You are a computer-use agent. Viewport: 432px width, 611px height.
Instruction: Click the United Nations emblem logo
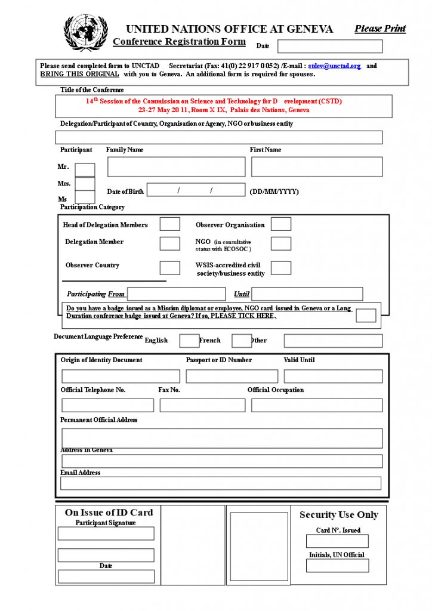pyautogui.click(x=86, y=33)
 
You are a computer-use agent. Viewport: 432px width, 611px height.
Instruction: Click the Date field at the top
pyautogui.click(x=329, y=46)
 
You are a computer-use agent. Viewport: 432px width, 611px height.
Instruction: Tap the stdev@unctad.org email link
pyautogui.click(x=334, y=66)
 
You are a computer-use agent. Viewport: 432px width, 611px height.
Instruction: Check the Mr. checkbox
pyautogui.click(x=85, y=170)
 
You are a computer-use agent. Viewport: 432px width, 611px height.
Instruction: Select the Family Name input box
pyautogui.click(x=176, y=166)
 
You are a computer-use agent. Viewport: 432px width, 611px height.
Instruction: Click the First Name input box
pyautogui.click(x=316, y=166)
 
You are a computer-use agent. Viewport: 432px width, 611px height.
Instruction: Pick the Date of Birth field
pyautogui.click(x=196, y=190)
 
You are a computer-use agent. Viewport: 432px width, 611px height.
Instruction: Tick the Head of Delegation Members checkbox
pyautogui.click(x=169, y=224)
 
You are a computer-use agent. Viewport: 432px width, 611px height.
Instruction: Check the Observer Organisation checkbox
pyautogui.click(x=281, y=224)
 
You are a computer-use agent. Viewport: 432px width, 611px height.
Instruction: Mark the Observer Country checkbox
pyautogui.click(x=169, y=267)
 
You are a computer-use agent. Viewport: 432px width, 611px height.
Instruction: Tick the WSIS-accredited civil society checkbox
pyautogui.click(x=281, y=267)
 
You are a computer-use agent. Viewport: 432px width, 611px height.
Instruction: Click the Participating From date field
pyautogui.click(x=177, y=294)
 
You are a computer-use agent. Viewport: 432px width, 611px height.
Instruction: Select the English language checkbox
pyautogui.click(x=189, y=341)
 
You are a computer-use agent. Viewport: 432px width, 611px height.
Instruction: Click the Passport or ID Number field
pyautogui.click(x=232, y=377)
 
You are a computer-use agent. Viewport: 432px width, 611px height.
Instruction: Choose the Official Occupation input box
pyautogui.click(x=316, y=405)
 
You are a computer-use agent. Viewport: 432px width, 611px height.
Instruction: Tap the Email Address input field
pyautogui.click(x=221, y=483)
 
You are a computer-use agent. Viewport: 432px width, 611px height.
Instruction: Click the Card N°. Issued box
pyautogui.click(x=337, y=541)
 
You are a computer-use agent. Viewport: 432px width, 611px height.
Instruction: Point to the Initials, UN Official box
pyautogui.click(x=337, y=566)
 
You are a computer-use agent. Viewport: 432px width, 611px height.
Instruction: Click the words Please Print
pyautogui.click(x=380, y=29)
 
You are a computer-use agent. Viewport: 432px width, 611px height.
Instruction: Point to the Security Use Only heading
pyautogui.click(x=338, y=515)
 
